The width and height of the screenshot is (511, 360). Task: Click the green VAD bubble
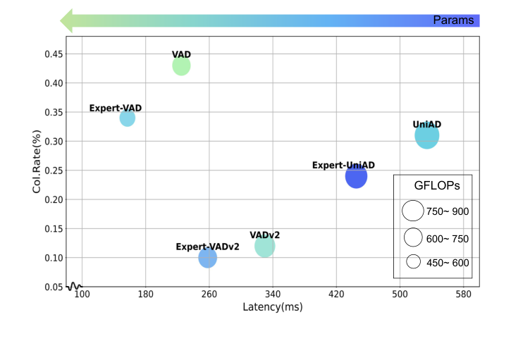coord(181,66)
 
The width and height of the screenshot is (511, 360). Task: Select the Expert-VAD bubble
coord(127,118)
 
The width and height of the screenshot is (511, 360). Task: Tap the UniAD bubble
coord(426,135)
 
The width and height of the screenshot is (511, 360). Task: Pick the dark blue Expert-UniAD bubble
coord(356,176)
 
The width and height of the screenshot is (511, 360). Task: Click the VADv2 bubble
coord(264,247)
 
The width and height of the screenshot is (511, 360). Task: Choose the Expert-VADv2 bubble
coord(207,258)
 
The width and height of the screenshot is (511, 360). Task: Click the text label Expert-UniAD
coord(343,165)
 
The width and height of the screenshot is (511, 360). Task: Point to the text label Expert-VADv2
coord(207,247)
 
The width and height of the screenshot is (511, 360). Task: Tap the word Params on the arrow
coord(453,20)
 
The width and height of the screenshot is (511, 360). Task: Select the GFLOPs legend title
coord(436,187)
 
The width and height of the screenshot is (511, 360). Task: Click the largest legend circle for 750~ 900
coord(412,211)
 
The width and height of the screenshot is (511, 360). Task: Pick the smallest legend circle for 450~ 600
coord(413,261)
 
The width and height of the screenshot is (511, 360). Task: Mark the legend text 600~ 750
coord(448,239)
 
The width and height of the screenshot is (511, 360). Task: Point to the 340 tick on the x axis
coord(272,294)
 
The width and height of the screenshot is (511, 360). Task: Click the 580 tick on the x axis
coord(463,294)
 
